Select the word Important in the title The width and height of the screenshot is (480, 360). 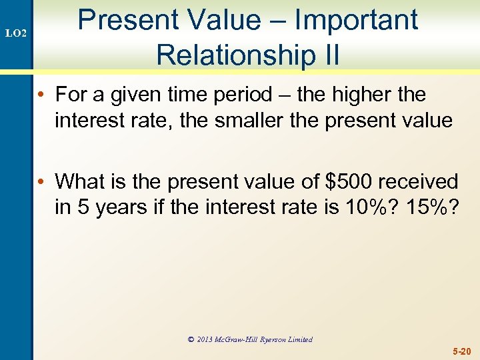tap(356, 20)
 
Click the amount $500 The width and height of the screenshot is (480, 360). tap(345, 181)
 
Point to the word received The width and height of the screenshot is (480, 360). tap(419, 181)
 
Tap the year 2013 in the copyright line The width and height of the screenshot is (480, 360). tap(208, 339)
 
